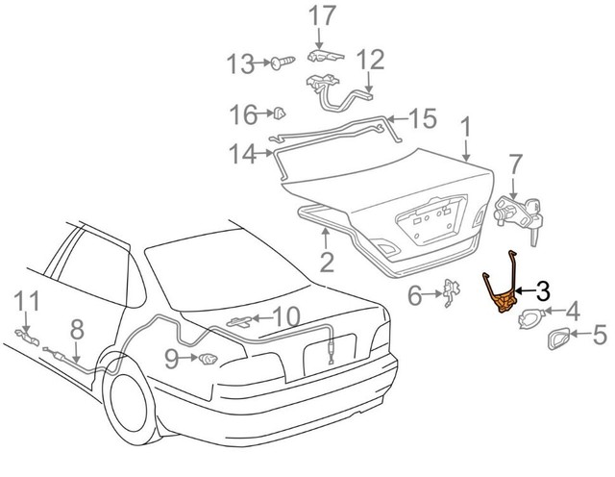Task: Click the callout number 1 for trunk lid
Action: click(466, 126)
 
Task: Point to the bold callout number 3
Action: click(543, 289)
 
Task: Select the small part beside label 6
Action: click(448, 292)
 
